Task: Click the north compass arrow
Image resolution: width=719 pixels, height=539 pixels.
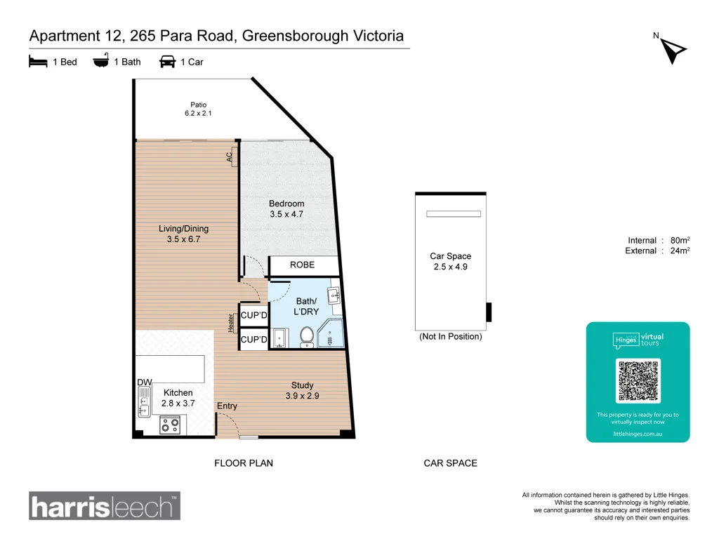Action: coord(672,51)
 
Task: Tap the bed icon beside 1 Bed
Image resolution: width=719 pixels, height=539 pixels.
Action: coord(38,62)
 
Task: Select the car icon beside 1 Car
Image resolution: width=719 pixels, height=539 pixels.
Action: coord(167,62)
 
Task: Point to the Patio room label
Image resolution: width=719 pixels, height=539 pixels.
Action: coord(199,105)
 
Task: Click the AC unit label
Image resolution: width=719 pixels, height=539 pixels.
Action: coord(230,157)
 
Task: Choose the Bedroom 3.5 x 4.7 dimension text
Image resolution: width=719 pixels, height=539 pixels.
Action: coord(286,214)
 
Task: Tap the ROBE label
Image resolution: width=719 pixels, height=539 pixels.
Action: coord(302,265)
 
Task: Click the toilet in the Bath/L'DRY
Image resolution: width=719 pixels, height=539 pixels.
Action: coord(307,337)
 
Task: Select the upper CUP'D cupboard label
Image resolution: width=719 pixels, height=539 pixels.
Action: coord(253,315)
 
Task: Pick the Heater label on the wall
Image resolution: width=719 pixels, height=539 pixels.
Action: coord(231,323)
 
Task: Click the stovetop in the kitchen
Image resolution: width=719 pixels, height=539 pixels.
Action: coord(170,425)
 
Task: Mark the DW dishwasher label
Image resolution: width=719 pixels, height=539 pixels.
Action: coord(145,382)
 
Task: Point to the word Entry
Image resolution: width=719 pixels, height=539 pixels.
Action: coord(227,406)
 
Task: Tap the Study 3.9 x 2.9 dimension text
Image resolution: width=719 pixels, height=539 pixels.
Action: coord(302,396)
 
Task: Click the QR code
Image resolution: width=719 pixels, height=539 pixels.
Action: coord(638,381)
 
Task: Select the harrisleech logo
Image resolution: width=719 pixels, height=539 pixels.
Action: coord(105,505)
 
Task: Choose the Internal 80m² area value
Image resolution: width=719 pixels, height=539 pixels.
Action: coord(680,240)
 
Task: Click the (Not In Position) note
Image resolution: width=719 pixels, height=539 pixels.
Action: coord(451,336)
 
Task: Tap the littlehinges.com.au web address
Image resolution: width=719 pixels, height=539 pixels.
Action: coord(638,434)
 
